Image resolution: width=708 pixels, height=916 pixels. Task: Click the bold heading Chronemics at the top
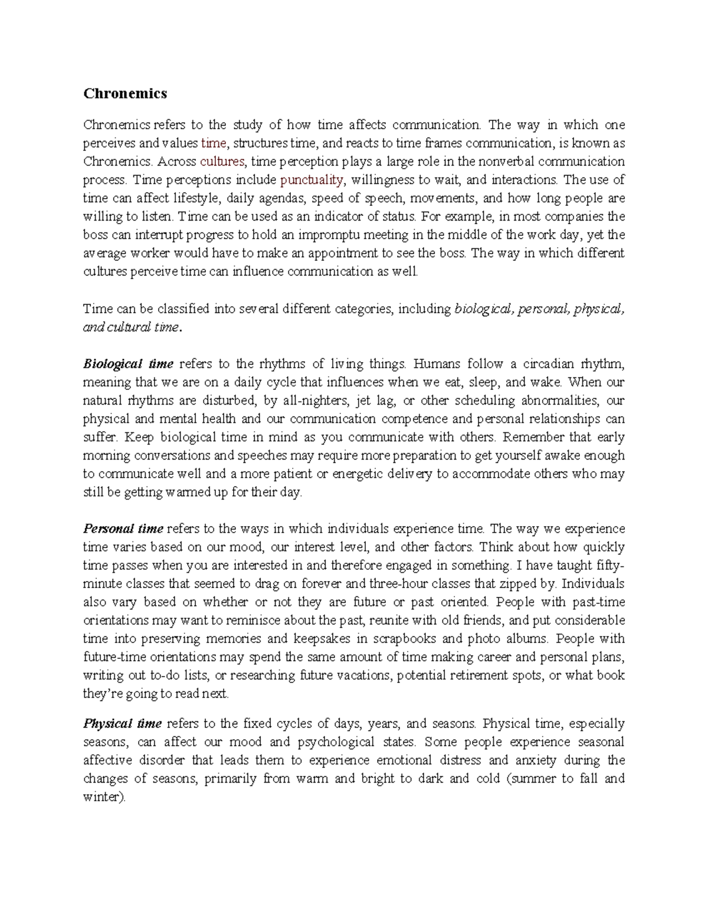point(125,93)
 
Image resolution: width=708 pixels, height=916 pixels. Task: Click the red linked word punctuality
point(312,180)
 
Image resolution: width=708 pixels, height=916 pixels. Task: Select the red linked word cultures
point(222,162)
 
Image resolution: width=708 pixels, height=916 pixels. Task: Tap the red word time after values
point(213,143)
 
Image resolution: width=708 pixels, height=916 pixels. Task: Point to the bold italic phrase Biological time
point(128,363)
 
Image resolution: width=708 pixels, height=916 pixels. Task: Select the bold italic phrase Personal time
point(123,528)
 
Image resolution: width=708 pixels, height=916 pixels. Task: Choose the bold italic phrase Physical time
point(122,724)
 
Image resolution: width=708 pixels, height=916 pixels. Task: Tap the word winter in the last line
point(103,797)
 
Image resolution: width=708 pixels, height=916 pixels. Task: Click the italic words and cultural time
point(130,327)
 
